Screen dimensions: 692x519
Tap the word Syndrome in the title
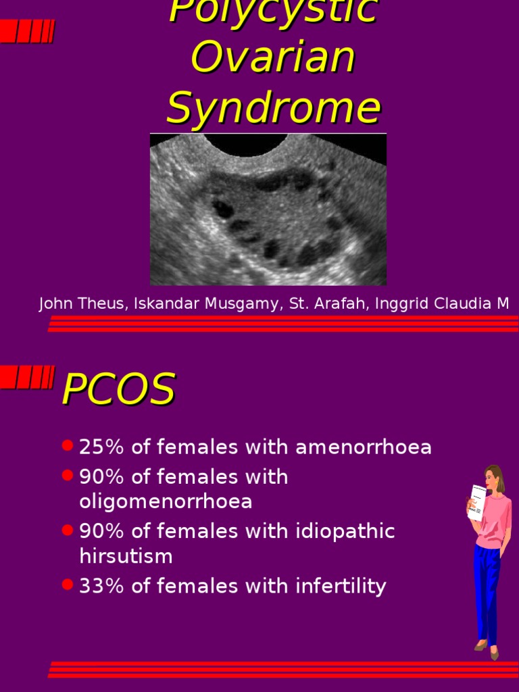[x=272, y=108]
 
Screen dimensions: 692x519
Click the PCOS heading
[x=118, y=390]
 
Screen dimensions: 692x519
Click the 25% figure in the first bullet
[x=101, y=447]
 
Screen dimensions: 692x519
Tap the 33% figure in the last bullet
[x=101, y=586]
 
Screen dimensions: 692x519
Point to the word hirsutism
[x=126, y=556]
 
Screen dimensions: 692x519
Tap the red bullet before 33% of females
[x=67, y=585]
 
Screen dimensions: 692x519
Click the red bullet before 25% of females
[x=67, y=446]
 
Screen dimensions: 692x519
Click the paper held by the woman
[x=476, y=502]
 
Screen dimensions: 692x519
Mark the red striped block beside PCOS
[x=27, y=377]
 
